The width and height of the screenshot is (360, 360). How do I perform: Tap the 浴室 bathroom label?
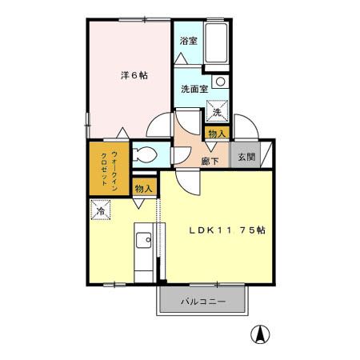point(188,41)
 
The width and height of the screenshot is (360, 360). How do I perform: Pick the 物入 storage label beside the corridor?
point(217,133)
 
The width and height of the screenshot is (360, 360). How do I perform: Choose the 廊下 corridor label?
point(210,160)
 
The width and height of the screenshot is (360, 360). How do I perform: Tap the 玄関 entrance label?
point(245,157)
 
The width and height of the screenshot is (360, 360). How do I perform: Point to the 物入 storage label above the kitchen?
point(144,189)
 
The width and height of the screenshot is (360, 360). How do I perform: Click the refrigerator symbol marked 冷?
point(101,211)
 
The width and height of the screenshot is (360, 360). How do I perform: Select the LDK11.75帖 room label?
point(227,230)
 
